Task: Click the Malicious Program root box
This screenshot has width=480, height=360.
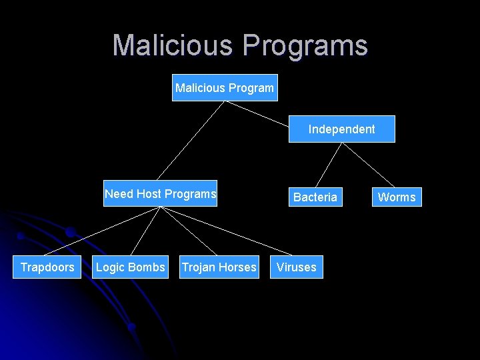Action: point(224,87)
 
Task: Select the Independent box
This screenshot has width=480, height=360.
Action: point(341,129)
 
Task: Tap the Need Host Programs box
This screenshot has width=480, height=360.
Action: point(160,194)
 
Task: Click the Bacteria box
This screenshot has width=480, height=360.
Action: point(315,197)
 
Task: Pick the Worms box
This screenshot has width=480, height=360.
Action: point(397,197)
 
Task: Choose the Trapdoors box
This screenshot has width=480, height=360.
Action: point(47,267)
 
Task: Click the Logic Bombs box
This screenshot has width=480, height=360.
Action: point(131,267)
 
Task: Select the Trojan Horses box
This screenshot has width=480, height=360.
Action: point(219,267)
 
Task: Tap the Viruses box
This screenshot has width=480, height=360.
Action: point(297,267)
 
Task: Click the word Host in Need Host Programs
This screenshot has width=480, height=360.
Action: point(149,194)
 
